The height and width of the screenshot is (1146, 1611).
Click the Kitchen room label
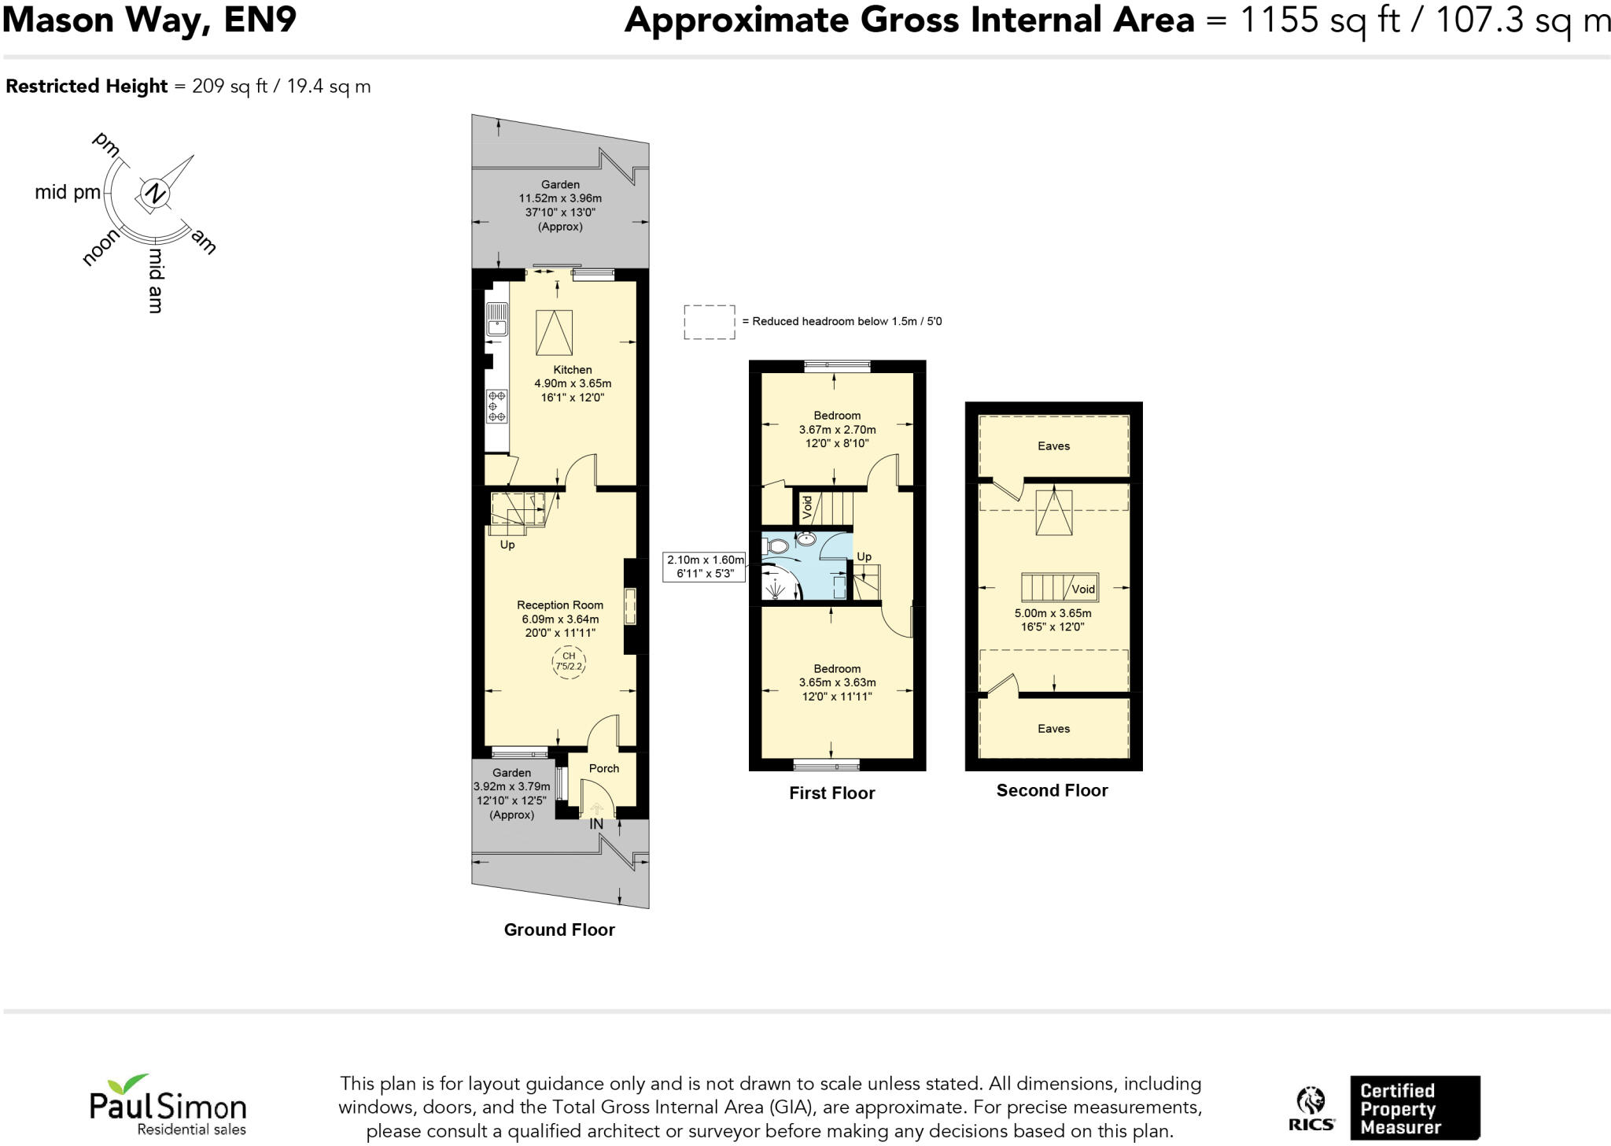[572, 370]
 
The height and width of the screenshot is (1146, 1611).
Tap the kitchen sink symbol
[496, 319]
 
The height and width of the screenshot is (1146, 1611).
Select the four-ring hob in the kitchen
[496, 406]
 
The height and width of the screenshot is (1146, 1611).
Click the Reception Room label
[559, 605]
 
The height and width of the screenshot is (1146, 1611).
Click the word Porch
[603, 768]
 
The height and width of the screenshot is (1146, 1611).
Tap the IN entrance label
[596, 824]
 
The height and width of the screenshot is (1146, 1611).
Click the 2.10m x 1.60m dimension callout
[705, 567]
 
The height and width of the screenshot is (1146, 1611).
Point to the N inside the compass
[156, 193]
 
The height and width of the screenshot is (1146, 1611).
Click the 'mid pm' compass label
[68, 193]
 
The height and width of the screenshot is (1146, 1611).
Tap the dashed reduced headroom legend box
[709, 322]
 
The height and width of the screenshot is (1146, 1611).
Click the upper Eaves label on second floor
[1053, 446]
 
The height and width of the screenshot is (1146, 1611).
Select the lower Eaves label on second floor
[1053, 729]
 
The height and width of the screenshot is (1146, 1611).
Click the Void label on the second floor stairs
[1082, 589]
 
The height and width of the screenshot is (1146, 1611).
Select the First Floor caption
[831, 793]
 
